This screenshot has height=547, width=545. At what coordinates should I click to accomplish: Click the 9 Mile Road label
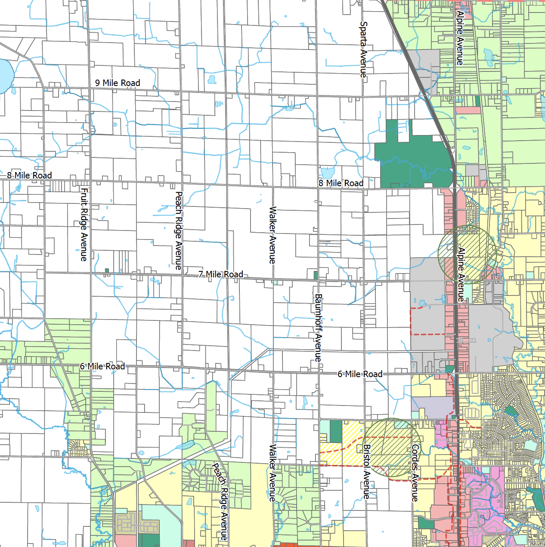point(118,83)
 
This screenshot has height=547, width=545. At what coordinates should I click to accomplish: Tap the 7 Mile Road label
point(220,274)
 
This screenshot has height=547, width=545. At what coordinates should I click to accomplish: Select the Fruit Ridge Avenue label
point(84,224)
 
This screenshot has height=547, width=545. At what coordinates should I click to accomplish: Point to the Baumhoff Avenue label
point(318,328)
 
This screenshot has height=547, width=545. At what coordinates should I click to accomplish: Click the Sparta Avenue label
point(363,49)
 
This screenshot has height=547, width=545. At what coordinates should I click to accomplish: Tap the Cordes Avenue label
point(415,473)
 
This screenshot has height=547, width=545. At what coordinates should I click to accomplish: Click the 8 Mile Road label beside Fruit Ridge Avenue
point(29,175)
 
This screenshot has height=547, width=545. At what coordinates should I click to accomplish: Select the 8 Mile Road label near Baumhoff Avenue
point(341,183)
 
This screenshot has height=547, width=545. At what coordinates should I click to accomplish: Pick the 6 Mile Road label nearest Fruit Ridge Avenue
point(102,366)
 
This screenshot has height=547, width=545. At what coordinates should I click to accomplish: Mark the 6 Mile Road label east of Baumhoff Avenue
point(360,374)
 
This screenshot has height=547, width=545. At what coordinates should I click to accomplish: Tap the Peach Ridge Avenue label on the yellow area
point(220,501)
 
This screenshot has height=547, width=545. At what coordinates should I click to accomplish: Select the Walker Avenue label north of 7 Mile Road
point(272,235)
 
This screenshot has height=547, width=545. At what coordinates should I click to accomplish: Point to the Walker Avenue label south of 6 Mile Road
point(272,473)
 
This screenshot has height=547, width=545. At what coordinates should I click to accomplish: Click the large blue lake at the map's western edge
point(5,75)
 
